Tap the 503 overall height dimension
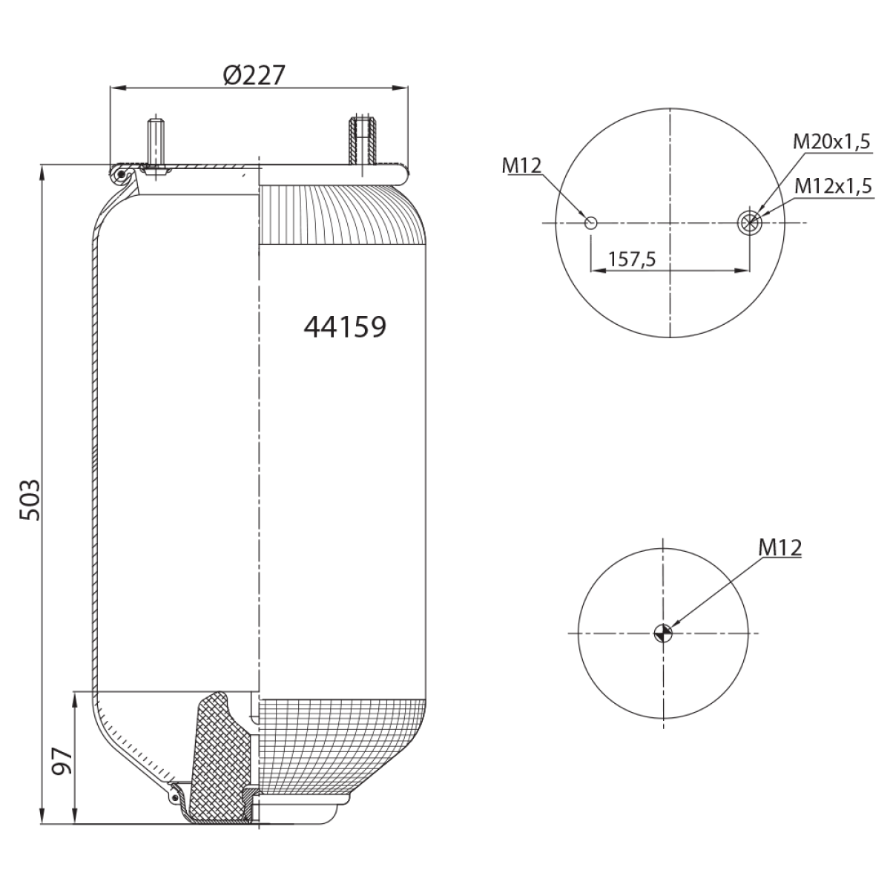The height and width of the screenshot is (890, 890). [x=30, y=500]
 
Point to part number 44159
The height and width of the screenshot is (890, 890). [x=345, y=327]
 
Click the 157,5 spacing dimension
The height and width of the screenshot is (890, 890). [x=632, y=260]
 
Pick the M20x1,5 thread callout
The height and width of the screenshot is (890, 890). [x=831, y=142]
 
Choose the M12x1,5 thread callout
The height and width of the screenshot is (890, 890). [x=833, y=185]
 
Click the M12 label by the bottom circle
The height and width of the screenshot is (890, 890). [x=780, y=548]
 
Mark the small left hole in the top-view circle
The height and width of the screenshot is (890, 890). [x=591, y=223]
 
